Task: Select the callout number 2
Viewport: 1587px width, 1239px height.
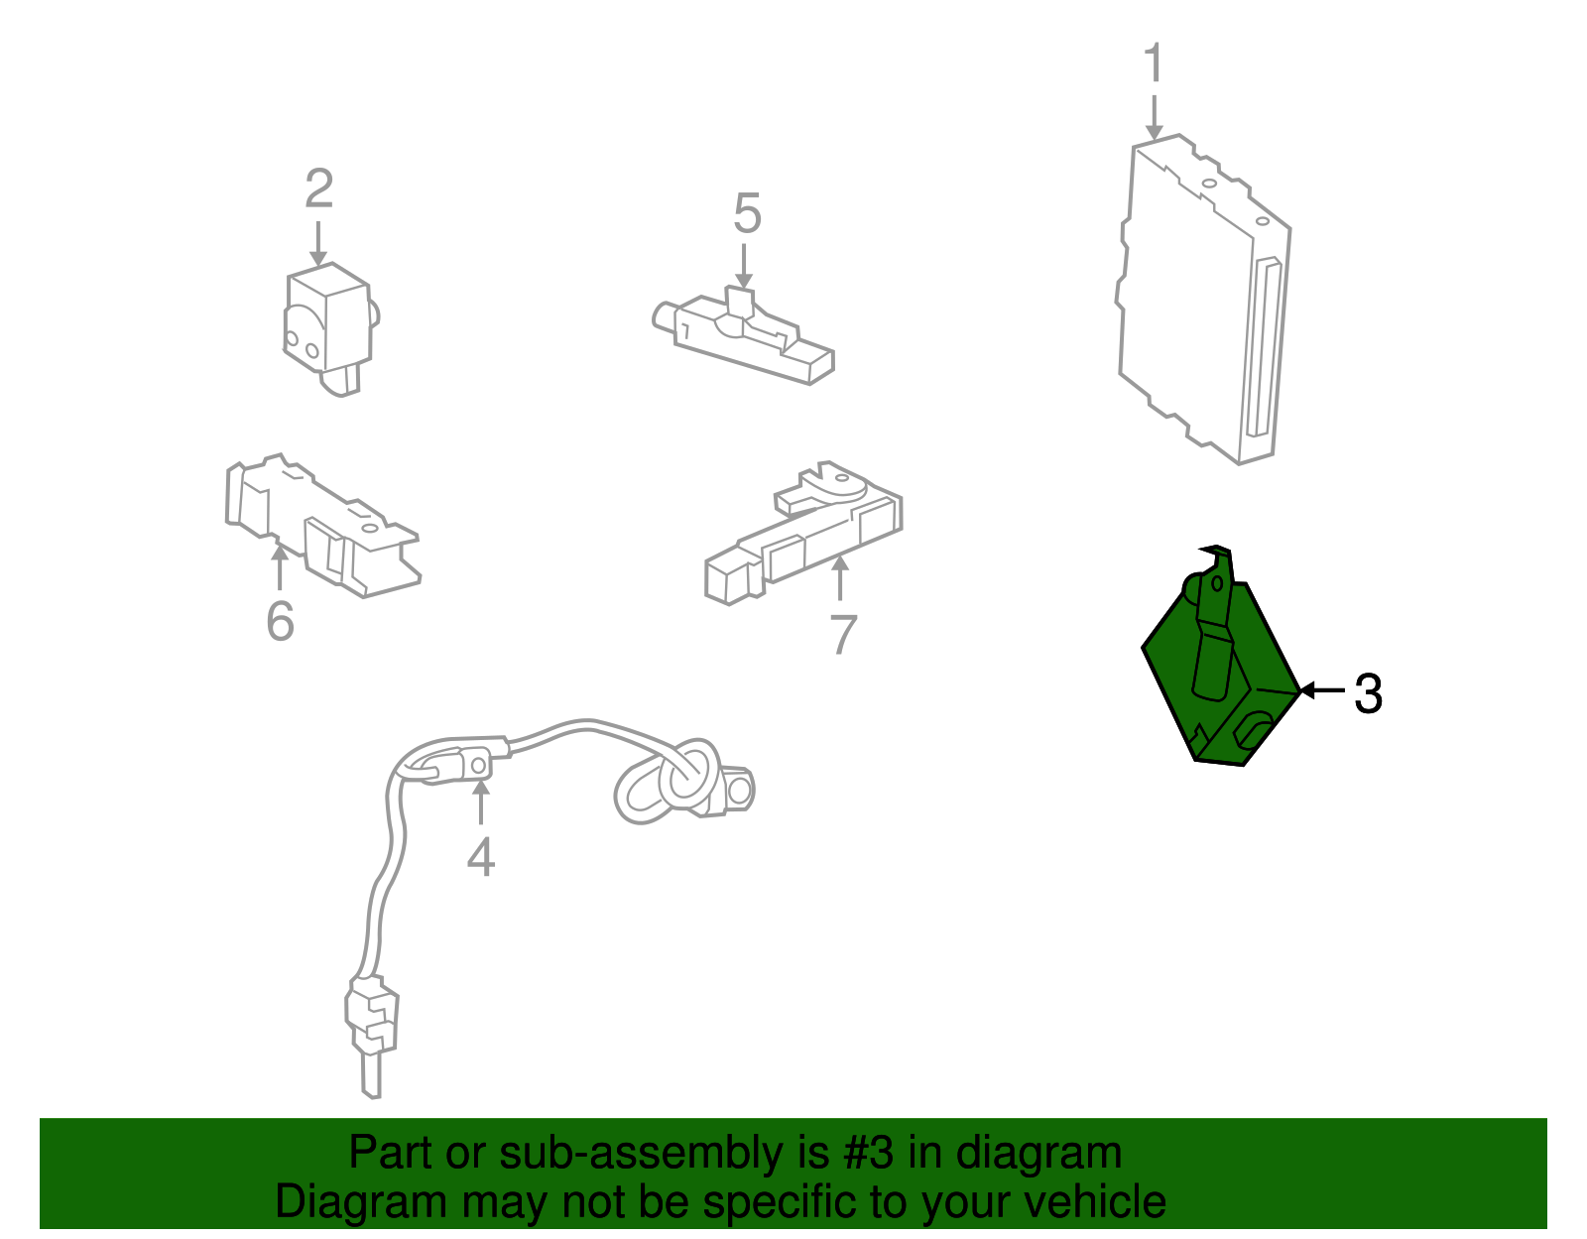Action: [x=319, y=187]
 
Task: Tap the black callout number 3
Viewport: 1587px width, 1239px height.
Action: [x=1368, y=692]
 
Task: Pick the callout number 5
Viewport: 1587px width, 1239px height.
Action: [x=747, y=213]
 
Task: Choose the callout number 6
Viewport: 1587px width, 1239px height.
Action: [x=281, y=621]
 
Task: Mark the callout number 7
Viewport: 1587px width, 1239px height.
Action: [x=843, y=635]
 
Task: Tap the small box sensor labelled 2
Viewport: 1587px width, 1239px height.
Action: [x=330, y=327]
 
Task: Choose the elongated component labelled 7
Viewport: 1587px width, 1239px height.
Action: [x=803, y=532]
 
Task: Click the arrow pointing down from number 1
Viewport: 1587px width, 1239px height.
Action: [x=1154, y=117]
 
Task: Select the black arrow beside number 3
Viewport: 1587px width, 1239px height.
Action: [x=1322, y=690]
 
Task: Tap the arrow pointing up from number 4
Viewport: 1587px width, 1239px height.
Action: [x=480, y=802]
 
